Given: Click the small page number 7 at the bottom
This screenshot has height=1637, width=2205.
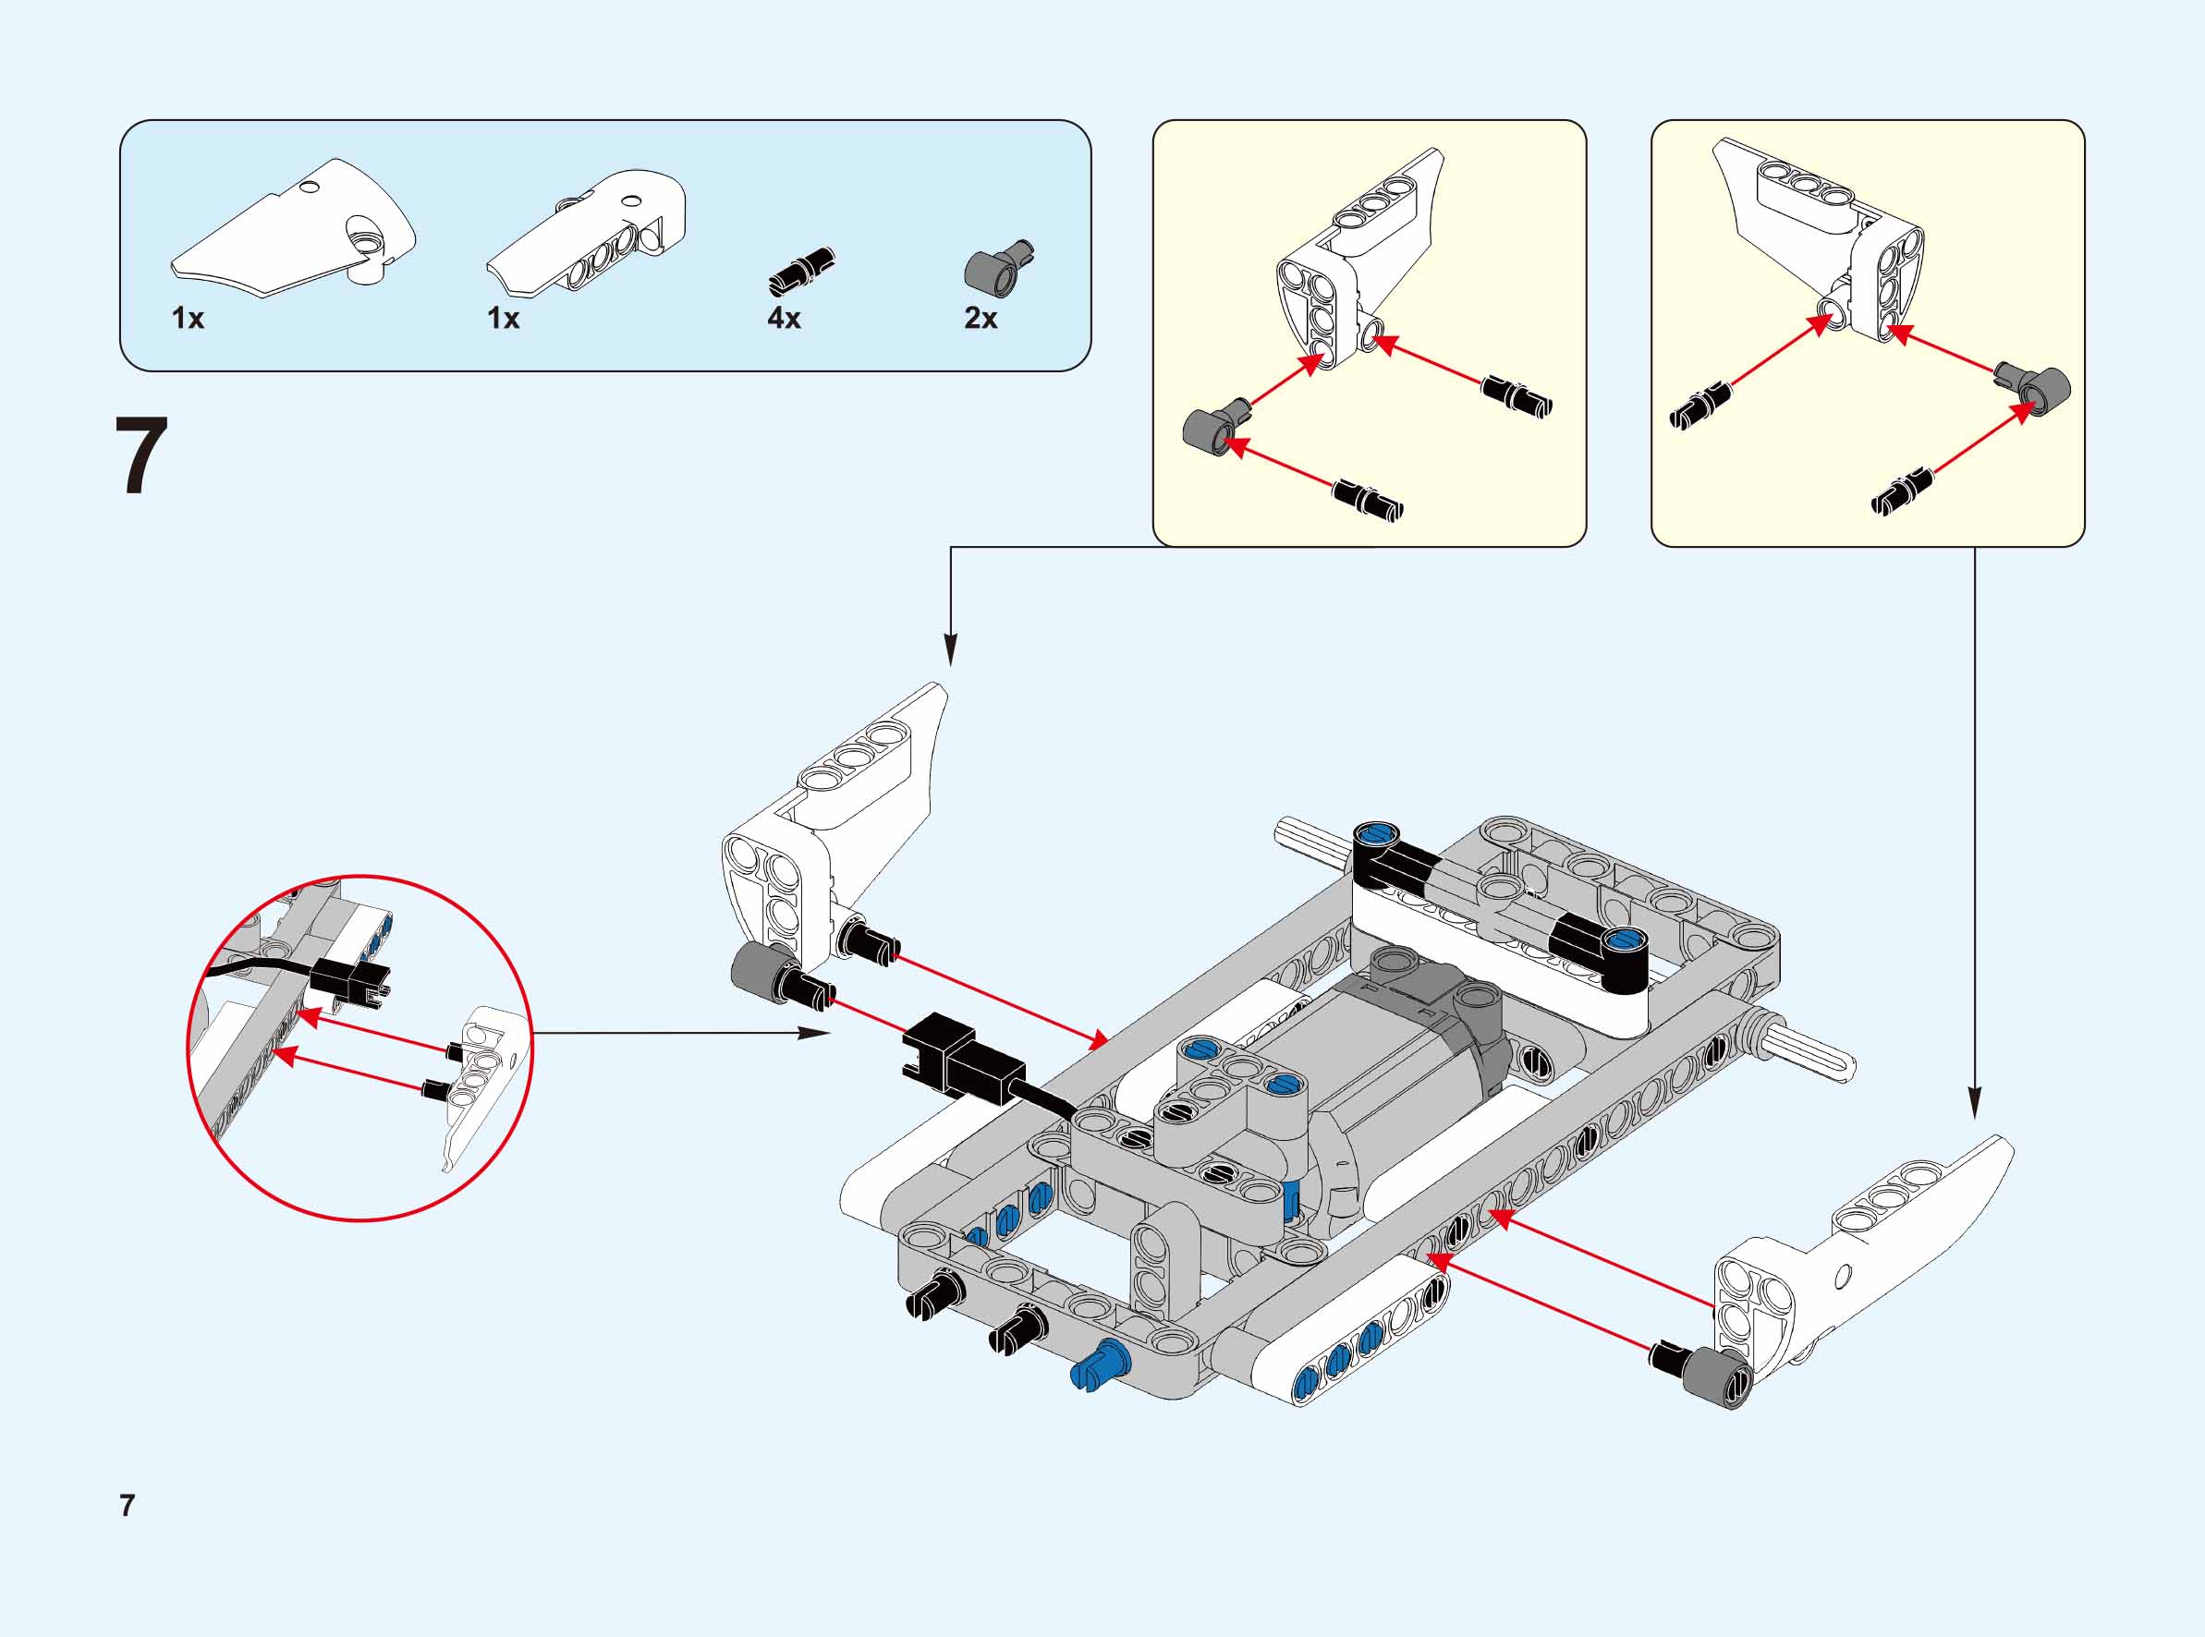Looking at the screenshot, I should (x=127, y=1505).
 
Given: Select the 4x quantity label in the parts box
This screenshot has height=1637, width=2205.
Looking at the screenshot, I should (x=783, y=318).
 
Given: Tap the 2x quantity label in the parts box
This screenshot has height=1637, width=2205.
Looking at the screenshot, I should (x=981, y=318).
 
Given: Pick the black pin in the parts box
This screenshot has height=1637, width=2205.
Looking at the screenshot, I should (x=802, y=272).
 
